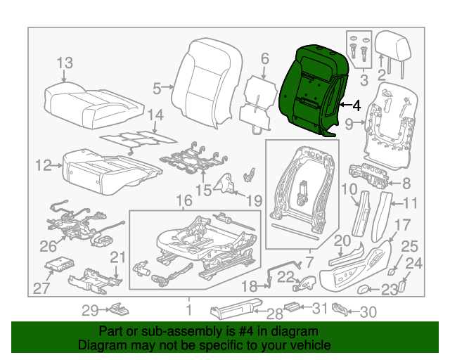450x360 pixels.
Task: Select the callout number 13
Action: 64,63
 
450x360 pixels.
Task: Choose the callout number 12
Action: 43,166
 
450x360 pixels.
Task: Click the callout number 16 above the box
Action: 184,202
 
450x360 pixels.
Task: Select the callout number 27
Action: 42,288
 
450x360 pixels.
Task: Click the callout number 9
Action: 348,125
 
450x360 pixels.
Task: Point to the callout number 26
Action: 48,246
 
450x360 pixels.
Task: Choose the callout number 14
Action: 155,115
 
